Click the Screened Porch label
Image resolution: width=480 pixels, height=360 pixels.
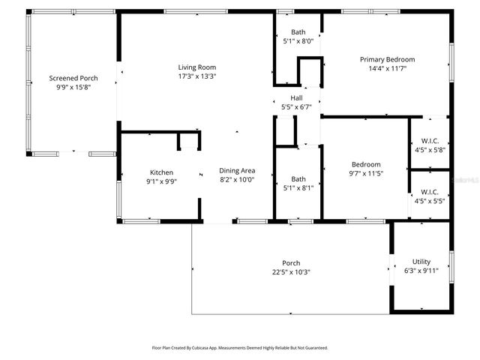coord(73,78)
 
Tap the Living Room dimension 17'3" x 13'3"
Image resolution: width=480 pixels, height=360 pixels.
coord(197,76)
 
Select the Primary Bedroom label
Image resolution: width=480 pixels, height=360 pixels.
coord(387,59)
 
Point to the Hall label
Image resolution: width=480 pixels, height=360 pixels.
coord(296,98)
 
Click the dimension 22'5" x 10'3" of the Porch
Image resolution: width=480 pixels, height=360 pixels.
coord(291,272)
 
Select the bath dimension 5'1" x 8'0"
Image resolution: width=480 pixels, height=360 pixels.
coord(298,42)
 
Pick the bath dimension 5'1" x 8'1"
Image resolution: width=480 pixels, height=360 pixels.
coord(298,188)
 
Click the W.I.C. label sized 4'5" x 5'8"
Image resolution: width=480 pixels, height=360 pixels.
coord(430,140)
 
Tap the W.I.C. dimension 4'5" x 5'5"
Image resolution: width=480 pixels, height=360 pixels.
coord(430,201)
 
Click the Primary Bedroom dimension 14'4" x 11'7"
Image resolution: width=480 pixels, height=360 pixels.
coord(387,68)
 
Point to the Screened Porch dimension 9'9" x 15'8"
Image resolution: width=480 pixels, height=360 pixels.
coord(73,87)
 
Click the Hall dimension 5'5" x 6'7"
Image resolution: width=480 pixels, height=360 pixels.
coord(296,107)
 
